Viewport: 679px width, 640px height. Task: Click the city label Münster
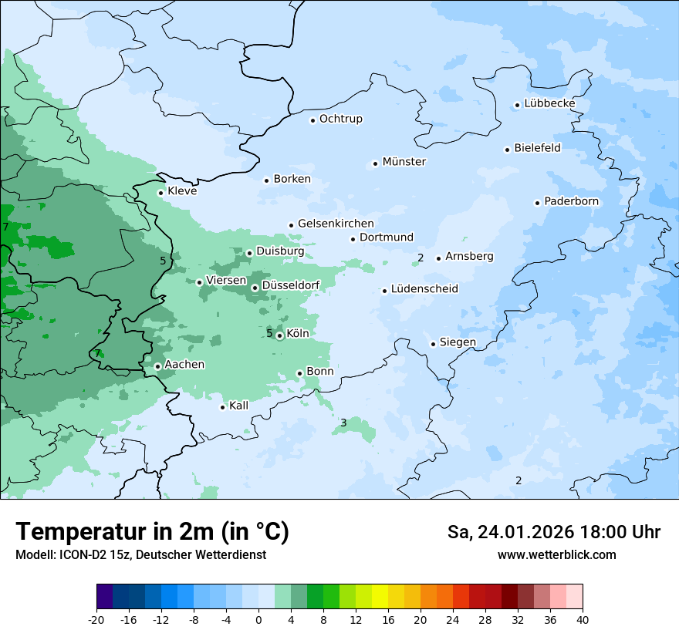point(404,162)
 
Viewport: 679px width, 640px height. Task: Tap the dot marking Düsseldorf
point(255,288)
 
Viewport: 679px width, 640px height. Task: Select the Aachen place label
point(184,364)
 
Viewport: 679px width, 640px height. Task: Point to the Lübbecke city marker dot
point(517,105)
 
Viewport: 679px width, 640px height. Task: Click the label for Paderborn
point(571,201)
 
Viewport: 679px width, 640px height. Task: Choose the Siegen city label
point(458,342)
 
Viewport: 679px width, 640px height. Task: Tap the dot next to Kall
point(222,407)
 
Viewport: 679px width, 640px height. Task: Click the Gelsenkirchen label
point(336,224)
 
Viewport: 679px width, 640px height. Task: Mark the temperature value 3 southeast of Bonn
point(343,423)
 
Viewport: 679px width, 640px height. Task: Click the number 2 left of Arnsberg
point(421,258)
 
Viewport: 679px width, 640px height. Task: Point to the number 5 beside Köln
point(269,333)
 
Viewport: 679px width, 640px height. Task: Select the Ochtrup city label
point(340,119)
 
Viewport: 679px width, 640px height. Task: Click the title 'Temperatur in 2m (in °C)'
point(152,531)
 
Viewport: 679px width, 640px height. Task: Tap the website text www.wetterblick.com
point(556,554)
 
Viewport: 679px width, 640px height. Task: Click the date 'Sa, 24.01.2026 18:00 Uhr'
point(553,532)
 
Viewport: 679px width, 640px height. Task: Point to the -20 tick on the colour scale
point(96,620)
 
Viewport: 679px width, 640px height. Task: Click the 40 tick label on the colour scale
point(583,620)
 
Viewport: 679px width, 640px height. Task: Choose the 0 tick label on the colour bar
point(258,620)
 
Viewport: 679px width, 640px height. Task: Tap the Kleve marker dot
point(160,193)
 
